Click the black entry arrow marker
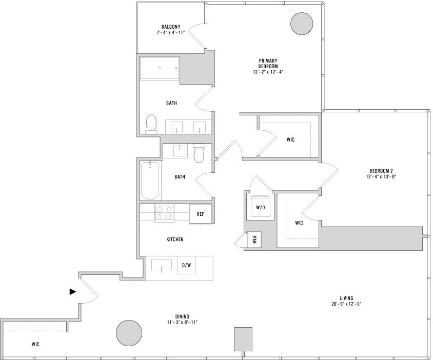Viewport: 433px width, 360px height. (73, 291)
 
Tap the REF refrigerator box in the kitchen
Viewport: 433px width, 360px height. (201, 214)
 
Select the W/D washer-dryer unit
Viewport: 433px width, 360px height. (260, 208)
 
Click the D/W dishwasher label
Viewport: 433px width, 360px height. (186, 265)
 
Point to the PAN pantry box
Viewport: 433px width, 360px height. (254, 239)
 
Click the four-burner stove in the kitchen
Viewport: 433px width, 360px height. (164, 213)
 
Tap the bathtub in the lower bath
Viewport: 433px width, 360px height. (150, 181)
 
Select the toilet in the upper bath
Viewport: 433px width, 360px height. (151, 124)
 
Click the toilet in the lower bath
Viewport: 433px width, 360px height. (199, 153)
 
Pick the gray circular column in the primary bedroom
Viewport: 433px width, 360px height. (302, 24)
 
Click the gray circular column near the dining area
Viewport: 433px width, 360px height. (129, 333)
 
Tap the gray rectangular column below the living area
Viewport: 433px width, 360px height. (243, 339)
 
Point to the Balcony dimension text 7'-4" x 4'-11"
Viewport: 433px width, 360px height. (171, 32)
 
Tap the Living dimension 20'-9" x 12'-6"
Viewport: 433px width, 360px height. (347, 304)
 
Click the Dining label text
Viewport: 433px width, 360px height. (182, 316)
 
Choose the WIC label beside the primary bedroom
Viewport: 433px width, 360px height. (290, 139)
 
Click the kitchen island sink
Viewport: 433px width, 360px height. (162, 265)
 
